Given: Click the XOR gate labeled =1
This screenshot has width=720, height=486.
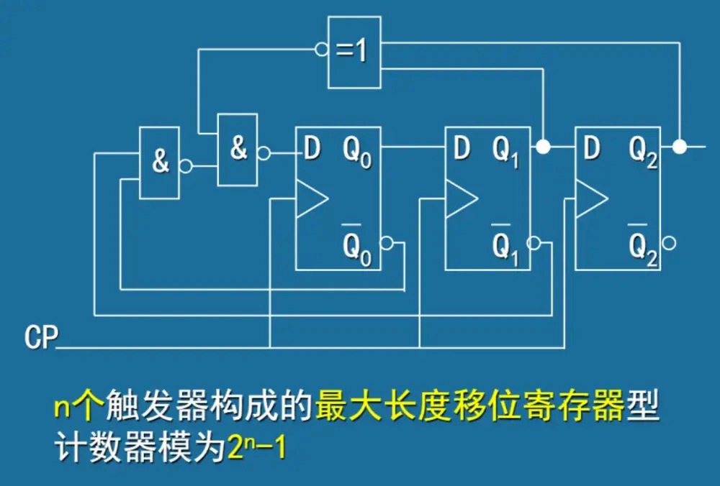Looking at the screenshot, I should (354, 52).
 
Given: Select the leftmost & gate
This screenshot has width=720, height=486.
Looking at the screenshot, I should (159, 162).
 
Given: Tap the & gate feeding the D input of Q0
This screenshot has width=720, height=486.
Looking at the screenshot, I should (237, 149).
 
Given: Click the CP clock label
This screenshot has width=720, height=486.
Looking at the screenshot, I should (40, 337).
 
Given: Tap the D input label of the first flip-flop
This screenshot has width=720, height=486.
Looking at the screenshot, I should (312, 149).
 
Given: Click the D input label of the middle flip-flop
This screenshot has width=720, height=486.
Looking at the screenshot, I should (462, 149).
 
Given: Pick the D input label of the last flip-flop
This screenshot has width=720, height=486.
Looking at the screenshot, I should (591, 149).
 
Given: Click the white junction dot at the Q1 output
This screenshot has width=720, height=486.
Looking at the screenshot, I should (544, 147).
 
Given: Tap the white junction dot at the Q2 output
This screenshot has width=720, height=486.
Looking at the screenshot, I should (678, 147).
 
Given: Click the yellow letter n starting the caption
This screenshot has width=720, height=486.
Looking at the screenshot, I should (62, 409).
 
